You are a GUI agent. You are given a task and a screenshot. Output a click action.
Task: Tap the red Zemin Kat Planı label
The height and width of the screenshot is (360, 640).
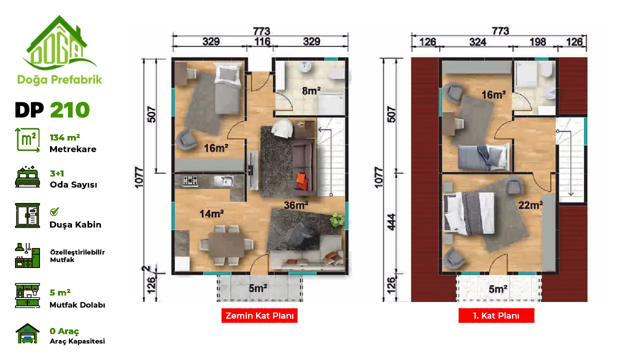click(x=259, y=315)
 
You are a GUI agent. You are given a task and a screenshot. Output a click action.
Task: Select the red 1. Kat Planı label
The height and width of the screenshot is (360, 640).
click(x=496, y=315)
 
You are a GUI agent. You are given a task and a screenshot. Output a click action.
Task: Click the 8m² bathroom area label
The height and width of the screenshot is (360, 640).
click(x=311, y=91)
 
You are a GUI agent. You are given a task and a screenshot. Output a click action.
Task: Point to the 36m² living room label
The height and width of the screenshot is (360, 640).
click(x=296, y=205)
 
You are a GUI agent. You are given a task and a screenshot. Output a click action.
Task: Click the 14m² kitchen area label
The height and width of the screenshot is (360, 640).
click(x=211, y=213)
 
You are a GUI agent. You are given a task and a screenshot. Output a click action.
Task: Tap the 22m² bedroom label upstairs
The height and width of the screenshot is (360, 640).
click(x=530, y=205)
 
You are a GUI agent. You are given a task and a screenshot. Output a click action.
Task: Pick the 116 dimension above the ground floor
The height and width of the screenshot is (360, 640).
click(x=262, y=41)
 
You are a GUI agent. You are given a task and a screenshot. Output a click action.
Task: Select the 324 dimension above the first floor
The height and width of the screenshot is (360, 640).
click(x=477, y=42)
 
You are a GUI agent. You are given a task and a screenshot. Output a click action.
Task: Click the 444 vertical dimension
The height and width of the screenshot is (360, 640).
click(x=391, y=222)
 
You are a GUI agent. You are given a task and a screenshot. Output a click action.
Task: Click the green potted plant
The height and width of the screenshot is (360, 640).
click(x=337, y=219)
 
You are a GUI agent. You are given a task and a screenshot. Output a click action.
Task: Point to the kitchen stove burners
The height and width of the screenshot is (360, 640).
click(x=190, y=180)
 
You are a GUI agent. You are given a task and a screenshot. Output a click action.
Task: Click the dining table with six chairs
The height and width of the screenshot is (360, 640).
click(x=226, y=245)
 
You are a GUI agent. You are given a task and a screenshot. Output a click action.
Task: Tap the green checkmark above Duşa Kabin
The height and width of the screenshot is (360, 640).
click(x=54, y=211)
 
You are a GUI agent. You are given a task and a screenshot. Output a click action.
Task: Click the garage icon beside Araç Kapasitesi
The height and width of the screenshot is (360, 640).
click(x=27, y=333)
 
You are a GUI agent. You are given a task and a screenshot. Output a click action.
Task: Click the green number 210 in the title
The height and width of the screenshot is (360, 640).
click(x=69, y=109)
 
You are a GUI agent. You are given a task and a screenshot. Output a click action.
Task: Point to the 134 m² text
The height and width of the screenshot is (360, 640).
click(x=65, y=137)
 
